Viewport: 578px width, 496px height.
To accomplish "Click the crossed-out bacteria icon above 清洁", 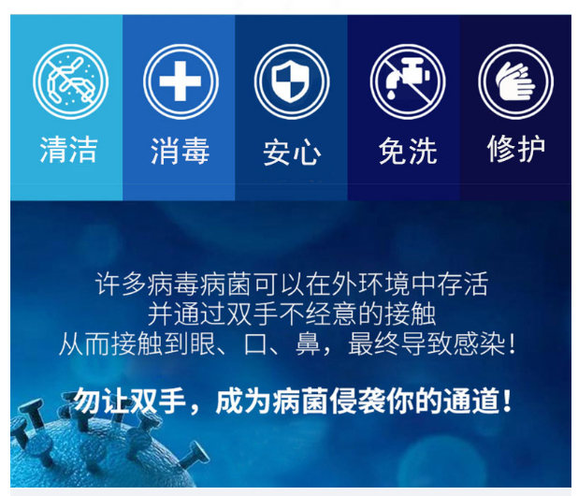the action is tap(70, 81).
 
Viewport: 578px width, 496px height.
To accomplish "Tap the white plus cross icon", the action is tap(181, 81).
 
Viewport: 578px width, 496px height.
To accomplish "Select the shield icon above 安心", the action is tap(291, 81).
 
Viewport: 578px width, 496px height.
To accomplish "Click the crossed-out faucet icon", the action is tap(408, 81).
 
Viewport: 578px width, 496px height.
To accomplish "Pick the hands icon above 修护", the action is tap(515, 81).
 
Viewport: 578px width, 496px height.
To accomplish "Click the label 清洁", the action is tap(68, 150).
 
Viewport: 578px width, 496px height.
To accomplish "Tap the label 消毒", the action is tap(180, 151).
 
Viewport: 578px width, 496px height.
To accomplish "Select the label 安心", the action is tap(292, 152).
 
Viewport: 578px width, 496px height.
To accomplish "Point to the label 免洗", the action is tap(408, 151).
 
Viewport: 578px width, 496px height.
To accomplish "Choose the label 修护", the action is tap(515, 149).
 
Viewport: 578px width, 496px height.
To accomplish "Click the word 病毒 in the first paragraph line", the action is tap(173, 284).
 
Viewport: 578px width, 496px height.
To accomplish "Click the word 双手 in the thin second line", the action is tap(253, 314).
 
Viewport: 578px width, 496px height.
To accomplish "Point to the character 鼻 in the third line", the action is tap(308, 344).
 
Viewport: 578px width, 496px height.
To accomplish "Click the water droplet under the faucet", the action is tap(391, 95).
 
